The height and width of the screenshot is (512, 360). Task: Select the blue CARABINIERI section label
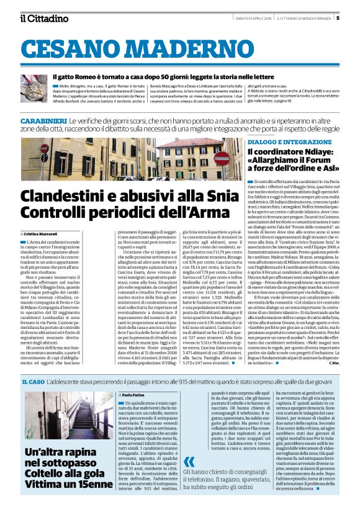pos(43,119)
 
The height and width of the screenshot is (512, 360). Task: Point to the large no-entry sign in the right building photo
pos(221,159)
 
